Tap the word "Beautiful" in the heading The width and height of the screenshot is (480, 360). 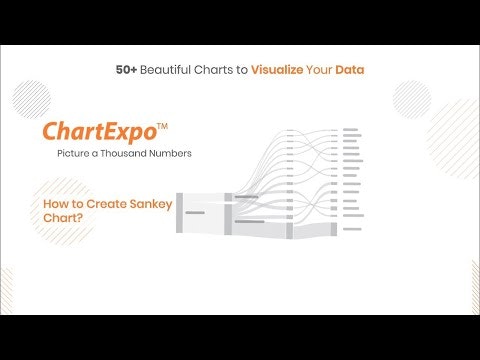pyautogui.click(x=167, y=72)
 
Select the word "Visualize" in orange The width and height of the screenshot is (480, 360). pyautogui.click(x=284, y=72)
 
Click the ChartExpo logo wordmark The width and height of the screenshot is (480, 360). pyautogui.click(x=99, y=132)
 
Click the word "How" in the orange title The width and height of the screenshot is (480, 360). pyautogui.click(x=55, y=204)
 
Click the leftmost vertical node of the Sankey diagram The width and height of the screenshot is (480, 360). pyautogui.click(x=179, y=212)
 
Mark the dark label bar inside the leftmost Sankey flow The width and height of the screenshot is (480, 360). pyautogui.click(x=195, y=213)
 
